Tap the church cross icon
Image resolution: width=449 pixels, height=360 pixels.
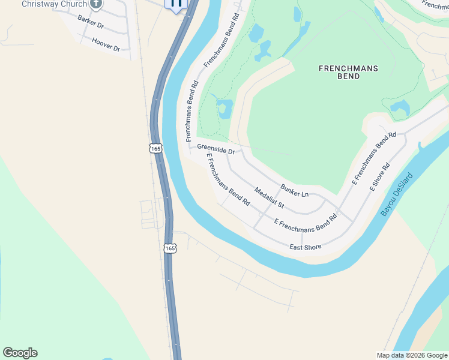tap(96, 4)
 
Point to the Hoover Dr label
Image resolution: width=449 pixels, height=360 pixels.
tap(106, 44)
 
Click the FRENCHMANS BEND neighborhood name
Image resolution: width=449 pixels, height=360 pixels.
tap(348, 73)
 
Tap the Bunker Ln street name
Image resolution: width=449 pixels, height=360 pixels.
tap(294, 190)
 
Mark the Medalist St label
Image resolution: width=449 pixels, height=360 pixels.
tap(269, 199)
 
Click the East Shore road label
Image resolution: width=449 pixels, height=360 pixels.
tap(306, 247)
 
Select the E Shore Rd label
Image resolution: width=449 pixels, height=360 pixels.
tap(381, 176)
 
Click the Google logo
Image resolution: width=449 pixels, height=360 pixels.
tap(20, 353)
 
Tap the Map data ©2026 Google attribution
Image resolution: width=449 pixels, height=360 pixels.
tap(411, 355)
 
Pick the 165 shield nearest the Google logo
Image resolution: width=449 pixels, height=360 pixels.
tap(170, 247)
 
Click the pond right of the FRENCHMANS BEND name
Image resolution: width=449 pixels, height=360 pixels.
tap(400, 108)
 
